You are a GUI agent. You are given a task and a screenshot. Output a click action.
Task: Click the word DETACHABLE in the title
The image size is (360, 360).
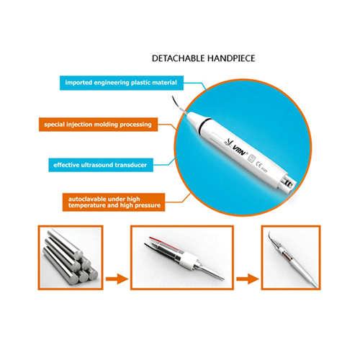point(179,58)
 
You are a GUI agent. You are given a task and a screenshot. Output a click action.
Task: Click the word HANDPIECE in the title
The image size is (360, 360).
point(231,58)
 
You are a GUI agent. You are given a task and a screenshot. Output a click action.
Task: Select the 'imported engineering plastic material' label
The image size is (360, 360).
point(122,83)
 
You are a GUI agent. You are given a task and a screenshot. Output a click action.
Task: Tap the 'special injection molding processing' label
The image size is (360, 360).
point(98,125)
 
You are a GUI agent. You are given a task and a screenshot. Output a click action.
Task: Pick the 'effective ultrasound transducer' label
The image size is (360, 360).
point(101,165)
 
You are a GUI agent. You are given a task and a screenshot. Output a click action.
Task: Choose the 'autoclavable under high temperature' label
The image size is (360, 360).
point(114,202)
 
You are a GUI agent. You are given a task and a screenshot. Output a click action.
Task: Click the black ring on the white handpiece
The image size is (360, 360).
point(205,122)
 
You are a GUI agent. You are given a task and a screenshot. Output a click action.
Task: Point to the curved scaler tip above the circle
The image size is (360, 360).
point(179,105)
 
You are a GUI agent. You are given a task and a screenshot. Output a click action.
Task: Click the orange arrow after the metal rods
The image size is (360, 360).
point(117,279)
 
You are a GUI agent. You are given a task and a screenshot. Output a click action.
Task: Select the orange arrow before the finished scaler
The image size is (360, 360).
point(248,279)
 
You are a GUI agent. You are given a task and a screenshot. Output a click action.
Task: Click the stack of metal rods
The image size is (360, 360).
point(71,257)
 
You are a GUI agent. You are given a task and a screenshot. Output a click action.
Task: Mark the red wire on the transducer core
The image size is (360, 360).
point(163,243)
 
